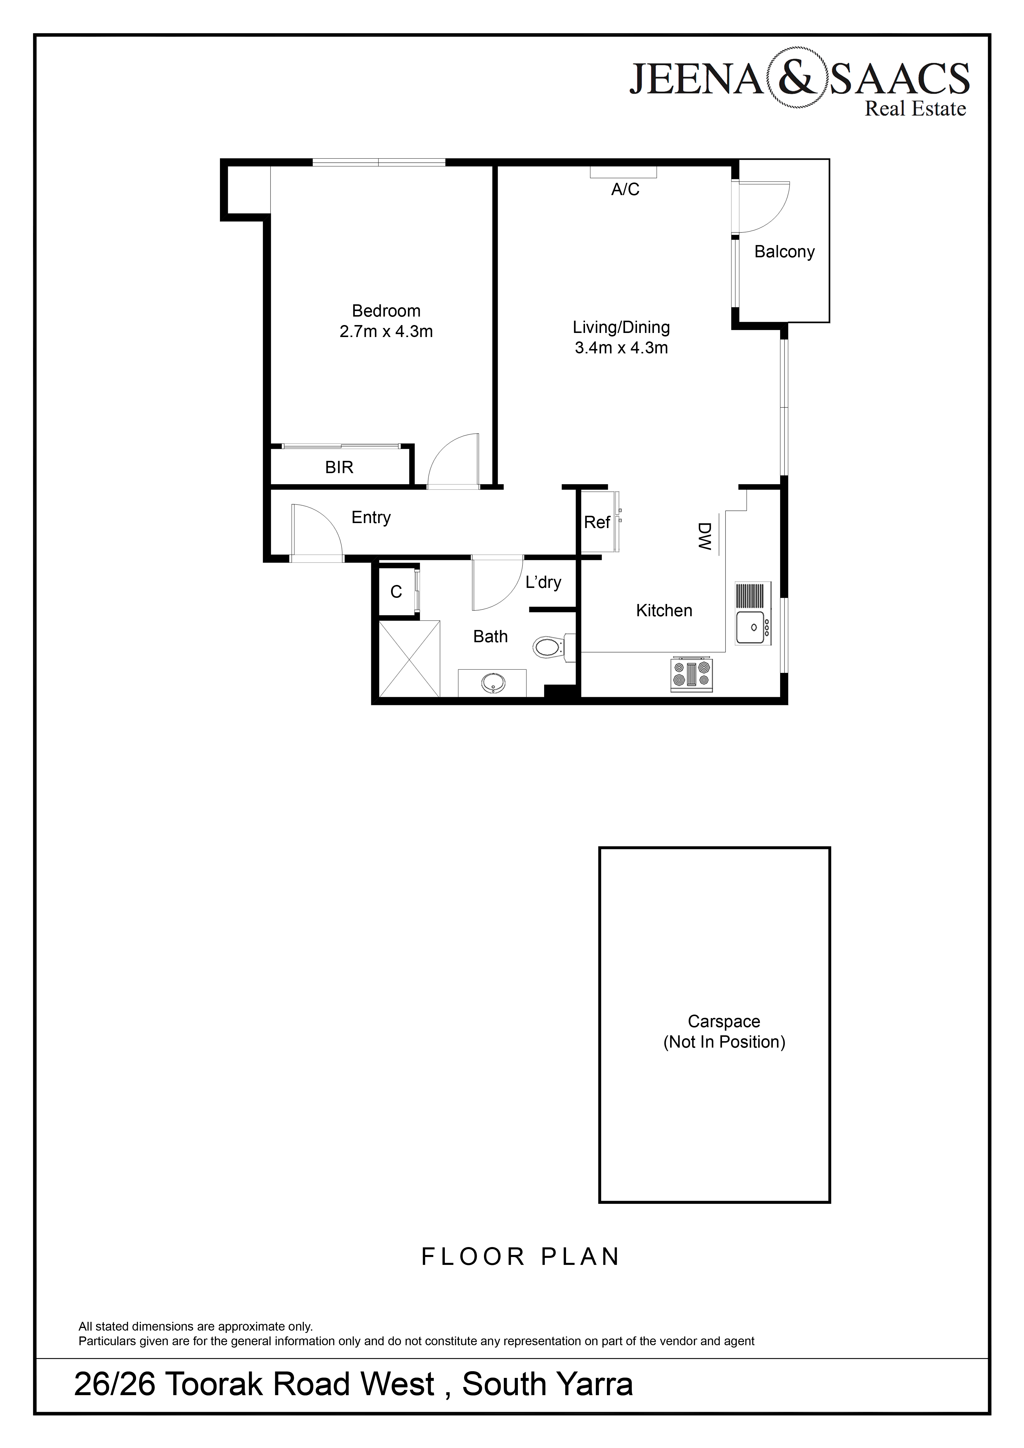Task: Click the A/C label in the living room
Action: coord(625,189)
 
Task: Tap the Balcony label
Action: coord(785,252)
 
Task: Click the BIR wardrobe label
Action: coord(339,467)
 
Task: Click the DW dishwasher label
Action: coord(704,536)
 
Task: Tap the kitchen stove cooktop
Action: coord(692,673)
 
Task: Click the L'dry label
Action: coord(543,582)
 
